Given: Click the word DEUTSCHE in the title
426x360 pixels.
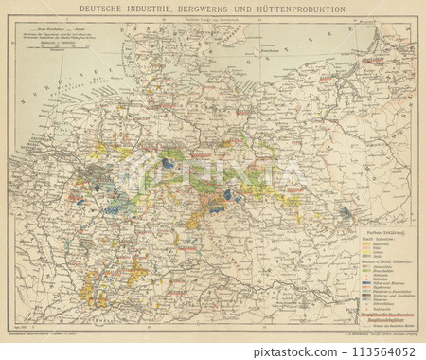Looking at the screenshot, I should [95, 10].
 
